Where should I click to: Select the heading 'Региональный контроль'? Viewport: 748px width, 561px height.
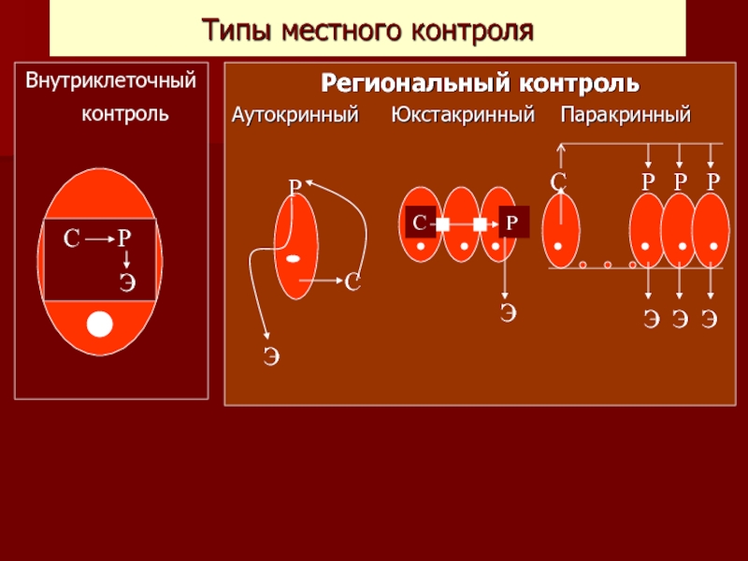point(481,84)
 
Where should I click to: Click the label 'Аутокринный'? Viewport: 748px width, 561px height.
point(295,116)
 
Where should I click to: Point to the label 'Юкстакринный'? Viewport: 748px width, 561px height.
point(462,116)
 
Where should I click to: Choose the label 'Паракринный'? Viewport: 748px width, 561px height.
point(626,116)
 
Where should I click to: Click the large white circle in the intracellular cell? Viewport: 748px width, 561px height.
point(99,324)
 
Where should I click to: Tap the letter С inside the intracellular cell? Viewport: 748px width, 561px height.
point(70,239)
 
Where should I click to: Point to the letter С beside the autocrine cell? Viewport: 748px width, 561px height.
point(352,281)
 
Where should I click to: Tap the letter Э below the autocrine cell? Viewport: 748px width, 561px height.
point(271,355)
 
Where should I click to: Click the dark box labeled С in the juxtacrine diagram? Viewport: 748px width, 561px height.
point(420,223)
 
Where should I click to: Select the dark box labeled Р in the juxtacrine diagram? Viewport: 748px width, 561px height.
point(512,223)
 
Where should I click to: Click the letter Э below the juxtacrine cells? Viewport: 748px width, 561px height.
point(507,313)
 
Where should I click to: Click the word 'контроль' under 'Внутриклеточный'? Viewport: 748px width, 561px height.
point(125,114)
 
